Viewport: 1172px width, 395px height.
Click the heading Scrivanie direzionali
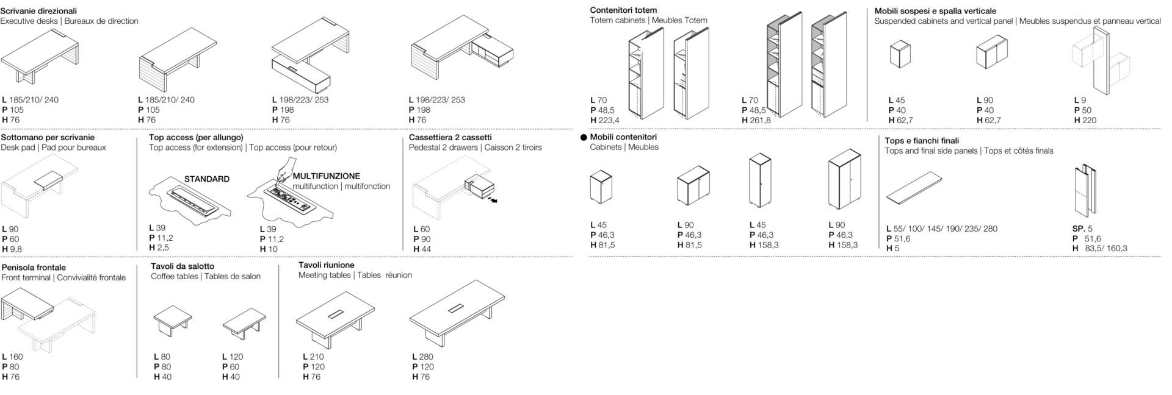[39, 11]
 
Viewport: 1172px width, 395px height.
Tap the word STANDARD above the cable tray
[207, 179]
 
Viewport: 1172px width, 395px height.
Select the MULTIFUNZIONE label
[327, 176]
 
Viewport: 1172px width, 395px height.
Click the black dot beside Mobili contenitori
[584, 138]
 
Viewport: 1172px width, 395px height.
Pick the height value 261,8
[761, 121]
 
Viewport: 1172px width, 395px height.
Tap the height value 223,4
[609, 121]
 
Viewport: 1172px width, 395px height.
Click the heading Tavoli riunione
[327, 265]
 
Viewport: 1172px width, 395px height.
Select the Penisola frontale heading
[34, 268]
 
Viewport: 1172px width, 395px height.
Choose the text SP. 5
[1083, 229]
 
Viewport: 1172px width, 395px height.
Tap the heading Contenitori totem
[623, 10]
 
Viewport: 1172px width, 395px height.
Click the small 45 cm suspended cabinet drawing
[900, 54]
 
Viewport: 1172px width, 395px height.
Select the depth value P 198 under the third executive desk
[283, 110]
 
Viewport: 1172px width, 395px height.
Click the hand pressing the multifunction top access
[284, 171]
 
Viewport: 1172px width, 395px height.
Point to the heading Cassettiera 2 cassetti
[450, 138]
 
